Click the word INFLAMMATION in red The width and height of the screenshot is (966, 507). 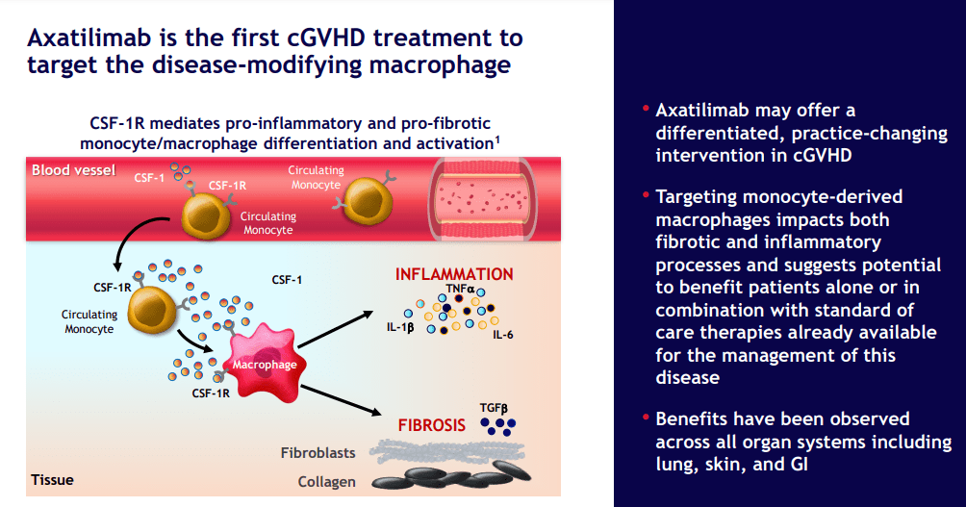tap(454, 274)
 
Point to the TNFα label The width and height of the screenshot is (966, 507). tap(460, 288)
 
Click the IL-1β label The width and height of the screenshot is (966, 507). tap(394, 327)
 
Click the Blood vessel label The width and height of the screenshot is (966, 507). tap(73, 170)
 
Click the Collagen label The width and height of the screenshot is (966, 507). tap(325, 482)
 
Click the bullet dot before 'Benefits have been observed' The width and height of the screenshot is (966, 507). tap(643, 417)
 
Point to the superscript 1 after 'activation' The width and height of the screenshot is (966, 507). tap(496, 138)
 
